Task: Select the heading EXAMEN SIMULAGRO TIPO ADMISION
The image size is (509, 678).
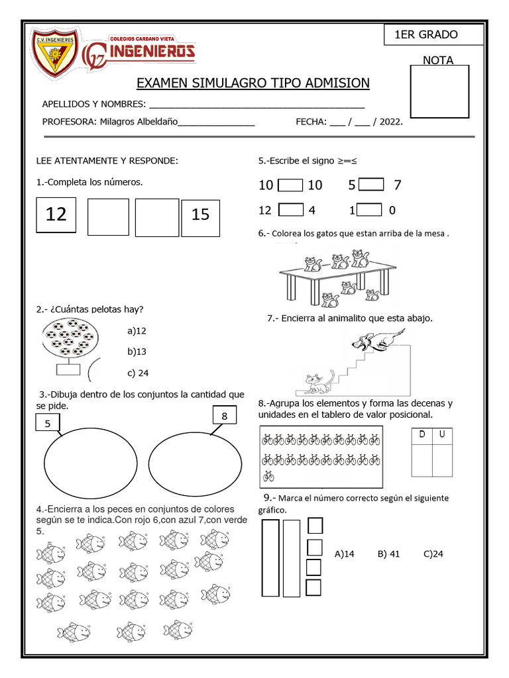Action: click(253, 83)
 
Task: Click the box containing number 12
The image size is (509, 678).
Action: click(56, 215)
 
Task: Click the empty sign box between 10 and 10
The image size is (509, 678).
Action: click(290, 185)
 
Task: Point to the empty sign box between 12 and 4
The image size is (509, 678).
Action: click(290, 210)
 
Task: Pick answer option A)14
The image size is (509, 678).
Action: click(345, 554)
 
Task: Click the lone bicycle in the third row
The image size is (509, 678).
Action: click(268, 475)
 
